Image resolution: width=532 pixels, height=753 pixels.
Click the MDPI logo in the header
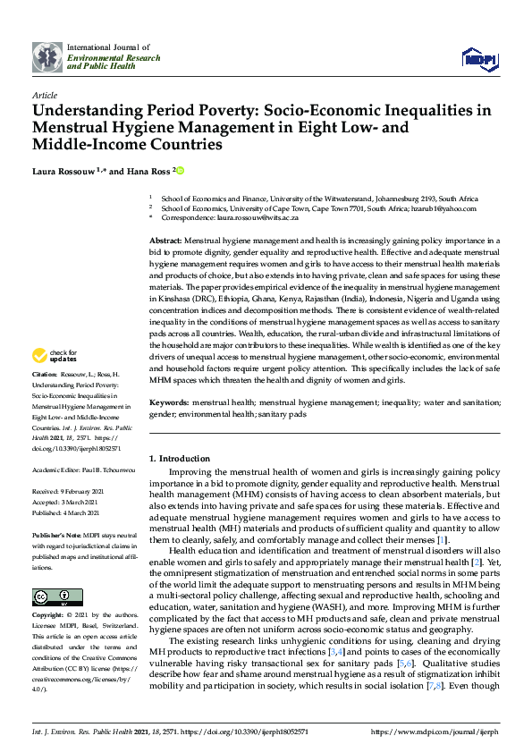(477, 58)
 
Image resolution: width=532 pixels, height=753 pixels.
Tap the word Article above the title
(44, 95)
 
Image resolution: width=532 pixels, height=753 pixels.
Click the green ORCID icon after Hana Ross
(180, 171)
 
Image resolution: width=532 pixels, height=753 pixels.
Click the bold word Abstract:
(165, 241)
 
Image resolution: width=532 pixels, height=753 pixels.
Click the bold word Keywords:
(169, 403)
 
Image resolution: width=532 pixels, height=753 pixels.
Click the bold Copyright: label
(47, 616)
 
